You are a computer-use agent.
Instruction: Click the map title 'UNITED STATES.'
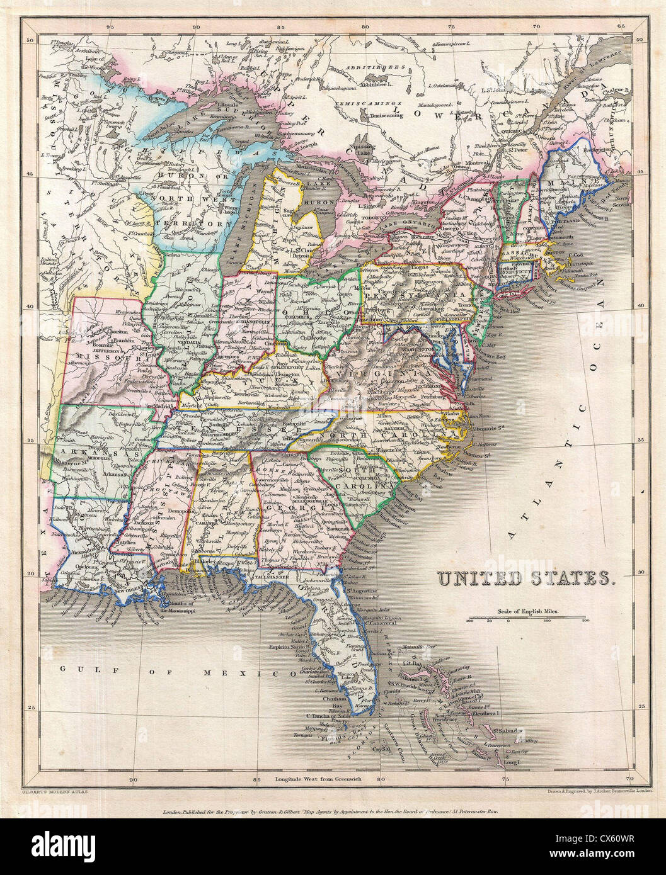526,579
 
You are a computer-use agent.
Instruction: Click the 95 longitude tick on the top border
110,28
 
